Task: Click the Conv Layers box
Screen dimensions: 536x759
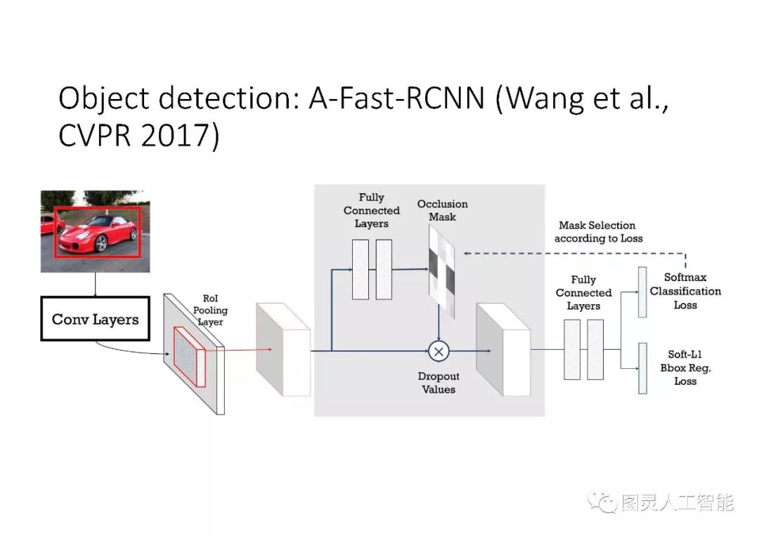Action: point(95,320)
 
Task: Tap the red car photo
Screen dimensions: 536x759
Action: point(95,231)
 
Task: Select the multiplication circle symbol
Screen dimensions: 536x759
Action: point(439,349)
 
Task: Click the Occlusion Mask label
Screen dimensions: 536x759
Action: point(442,211)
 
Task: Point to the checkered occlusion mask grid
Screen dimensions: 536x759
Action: point(441,271)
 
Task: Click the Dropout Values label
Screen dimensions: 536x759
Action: point(439,383)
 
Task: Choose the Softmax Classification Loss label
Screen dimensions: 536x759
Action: point(685,291)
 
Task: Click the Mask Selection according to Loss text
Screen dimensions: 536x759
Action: point(597,232)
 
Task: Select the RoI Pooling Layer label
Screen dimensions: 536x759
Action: point(210,309)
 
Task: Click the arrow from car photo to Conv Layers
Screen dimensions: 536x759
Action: point(94,284)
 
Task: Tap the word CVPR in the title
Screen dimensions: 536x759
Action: point(96,136)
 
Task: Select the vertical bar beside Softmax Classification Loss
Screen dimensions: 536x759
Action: point(642,292)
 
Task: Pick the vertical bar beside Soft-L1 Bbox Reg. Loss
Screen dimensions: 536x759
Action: point(642,368)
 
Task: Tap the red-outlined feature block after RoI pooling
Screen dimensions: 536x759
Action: point(283,350)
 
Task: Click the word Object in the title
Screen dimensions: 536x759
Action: point(104,98)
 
